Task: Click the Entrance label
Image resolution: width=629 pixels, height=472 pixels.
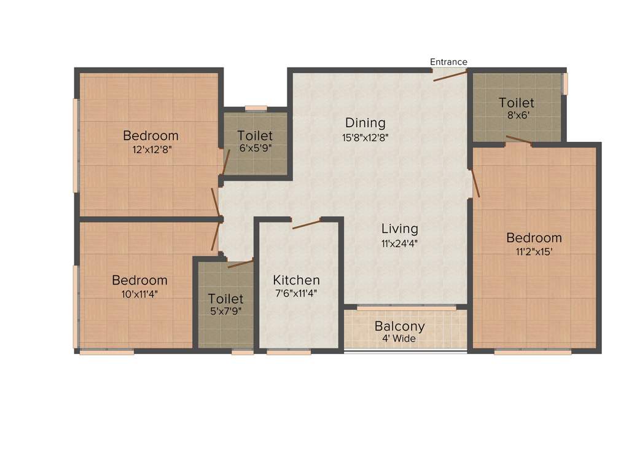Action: pos(448,62)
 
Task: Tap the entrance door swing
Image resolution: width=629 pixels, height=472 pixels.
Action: pos(451,76)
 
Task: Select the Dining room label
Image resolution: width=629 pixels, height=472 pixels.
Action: pos(365,123)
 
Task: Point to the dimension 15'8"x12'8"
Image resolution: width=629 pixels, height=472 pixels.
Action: pos(365,138)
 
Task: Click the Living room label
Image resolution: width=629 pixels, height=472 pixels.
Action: pos(399,229)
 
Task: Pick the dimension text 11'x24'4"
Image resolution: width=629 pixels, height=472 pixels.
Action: pos(399,243)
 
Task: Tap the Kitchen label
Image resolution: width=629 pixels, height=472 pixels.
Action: pos(296,280)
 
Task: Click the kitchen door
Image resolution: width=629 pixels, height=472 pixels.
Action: pos(307,223)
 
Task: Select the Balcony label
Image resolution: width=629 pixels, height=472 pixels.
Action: pos(399,326)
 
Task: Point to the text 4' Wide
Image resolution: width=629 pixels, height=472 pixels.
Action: pos(399,339)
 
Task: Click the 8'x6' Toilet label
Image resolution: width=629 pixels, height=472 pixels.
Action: pos(516,103)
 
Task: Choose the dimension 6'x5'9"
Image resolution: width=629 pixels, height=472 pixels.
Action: pos(255,148)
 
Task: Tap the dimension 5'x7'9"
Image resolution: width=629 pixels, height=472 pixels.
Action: pos(225,311)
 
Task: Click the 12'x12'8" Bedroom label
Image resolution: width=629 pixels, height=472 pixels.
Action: pos(150,136)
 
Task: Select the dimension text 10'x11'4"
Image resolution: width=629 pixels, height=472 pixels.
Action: pos(139,294)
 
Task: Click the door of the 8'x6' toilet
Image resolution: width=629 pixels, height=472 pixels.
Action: pos(519,140)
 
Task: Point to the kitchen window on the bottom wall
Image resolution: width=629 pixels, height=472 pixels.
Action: pos(289,352)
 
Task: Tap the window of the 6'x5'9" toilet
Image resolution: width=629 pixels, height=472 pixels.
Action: pos(256,108)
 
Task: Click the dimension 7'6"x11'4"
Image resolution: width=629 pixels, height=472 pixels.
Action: pos(296,294)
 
